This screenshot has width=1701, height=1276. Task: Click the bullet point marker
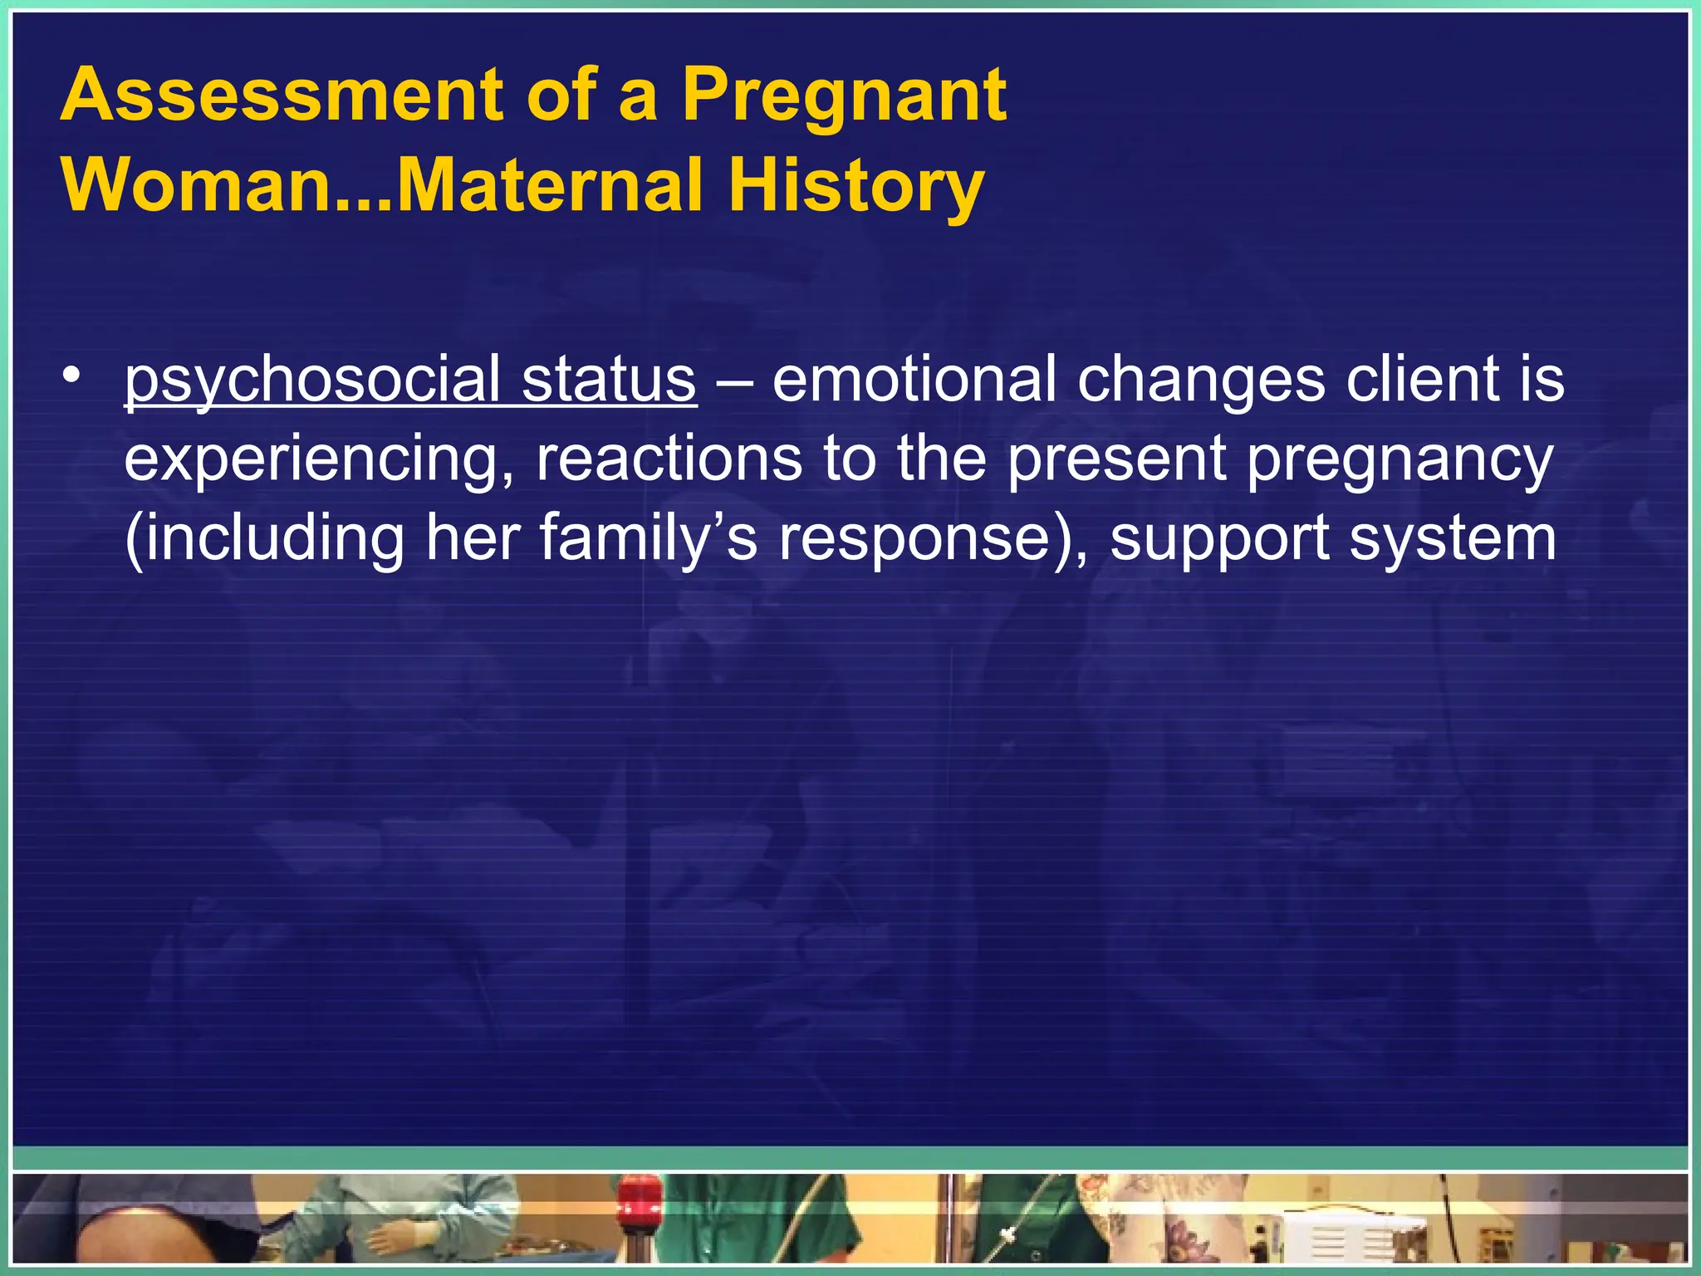73,376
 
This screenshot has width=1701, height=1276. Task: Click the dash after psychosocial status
734,380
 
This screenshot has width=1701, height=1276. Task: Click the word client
1404,379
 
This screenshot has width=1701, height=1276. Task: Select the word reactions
669,459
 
